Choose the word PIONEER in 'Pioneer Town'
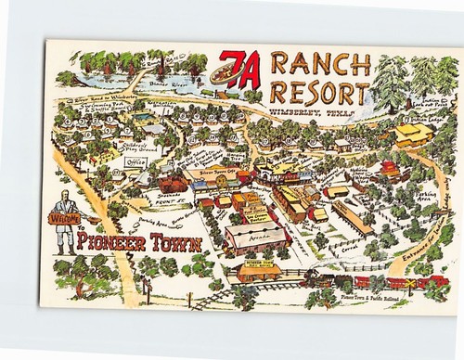pyautogui.click(x=110, y=244)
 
